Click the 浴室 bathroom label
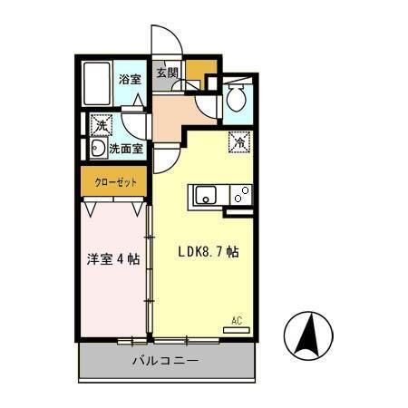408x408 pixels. (x=130, y=79)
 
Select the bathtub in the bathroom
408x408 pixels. (x=96, y=84)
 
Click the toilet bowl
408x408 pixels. (x=236, y=99)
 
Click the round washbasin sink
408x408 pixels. (x=97, y=148)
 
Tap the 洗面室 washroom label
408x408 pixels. (x=126, y=148)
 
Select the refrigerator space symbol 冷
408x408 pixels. (x=239, y=141)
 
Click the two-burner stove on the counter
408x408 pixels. (x=240, y=193)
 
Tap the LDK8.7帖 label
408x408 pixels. (x=208, y=253)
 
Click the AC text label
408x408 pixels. (x=237, y=320)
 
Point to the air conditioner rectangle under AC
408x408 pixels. (x=236, y=330)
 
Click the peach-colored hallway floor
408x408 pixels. (x=172, y=113)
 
